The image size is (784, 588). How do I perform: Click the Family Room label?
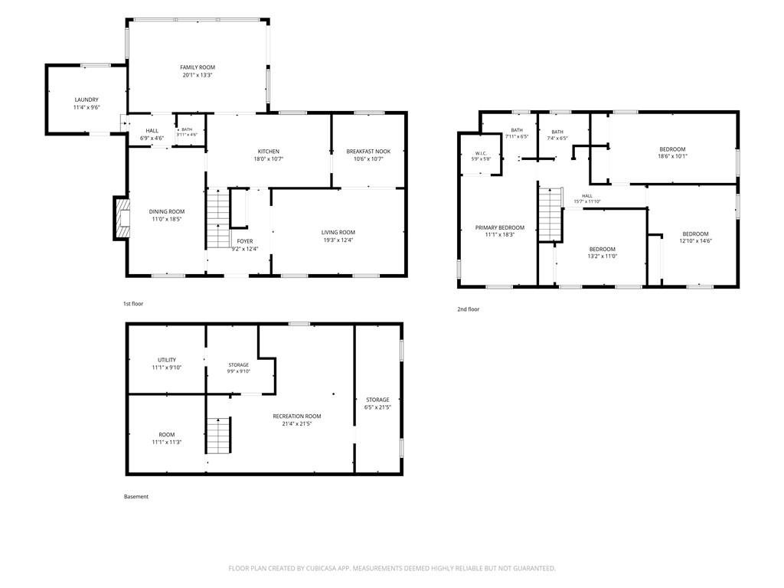pyautogui.click(x=198, y=67)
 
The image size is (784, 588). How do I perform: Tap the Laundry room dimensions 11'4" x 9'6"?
pyautogui.click(x=87, y=107)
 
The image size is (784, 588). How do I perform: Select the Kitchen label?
pyautogui.click(x=269, y=152)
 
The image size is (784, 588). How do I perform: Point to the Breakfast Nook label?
pyautogui.click(x=368, y=152)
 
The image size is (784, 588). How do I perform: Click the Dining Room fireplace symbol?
pyautogui.click(x=122, y=218)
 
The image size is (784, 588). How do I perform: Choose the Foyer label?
pyautogui.click(x=245, y=241)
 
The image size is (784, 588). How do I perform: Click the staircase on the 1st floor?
pyautogui.click(x=218, y=218)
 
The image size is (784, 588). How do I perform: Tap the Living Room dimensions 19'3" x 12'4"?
pyautogui.click(x=338, y=240)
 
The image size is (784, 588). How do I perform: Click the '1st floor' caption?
pyautogui.click(x=133, y=304)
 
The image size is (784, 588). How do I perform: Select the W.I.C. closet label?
pyautogui.click(x=481, y=153)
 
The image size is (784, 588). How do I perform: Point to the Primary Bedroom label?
pyautogui.click(x=500, y=228)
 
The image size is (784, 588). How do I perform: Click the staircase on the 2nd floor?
pyautogui.click(x=550, y=214)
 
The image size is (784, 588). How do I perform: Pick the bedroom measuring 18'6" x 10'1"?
pyautogui.click(x=672, y=149)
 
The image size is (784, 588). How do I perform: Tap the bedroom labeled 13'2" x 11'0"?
pyautogui.click(x=603, y=250)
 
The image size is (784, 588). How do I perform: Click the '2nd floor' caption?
pyautogui.click(x=468, y=309)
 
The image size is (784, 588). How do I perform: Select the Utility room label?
pyautogui.click(x=167, y=360)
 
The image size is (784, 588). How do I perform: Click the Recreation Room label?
pyautogui.click(x=297, y=416)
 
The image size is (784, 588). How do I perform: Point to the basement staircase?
pyautogui.click(x=219, y=435)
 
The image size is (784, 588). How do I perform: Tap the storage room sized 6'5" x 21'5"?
pyautogui.click(x=377, y=400)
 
